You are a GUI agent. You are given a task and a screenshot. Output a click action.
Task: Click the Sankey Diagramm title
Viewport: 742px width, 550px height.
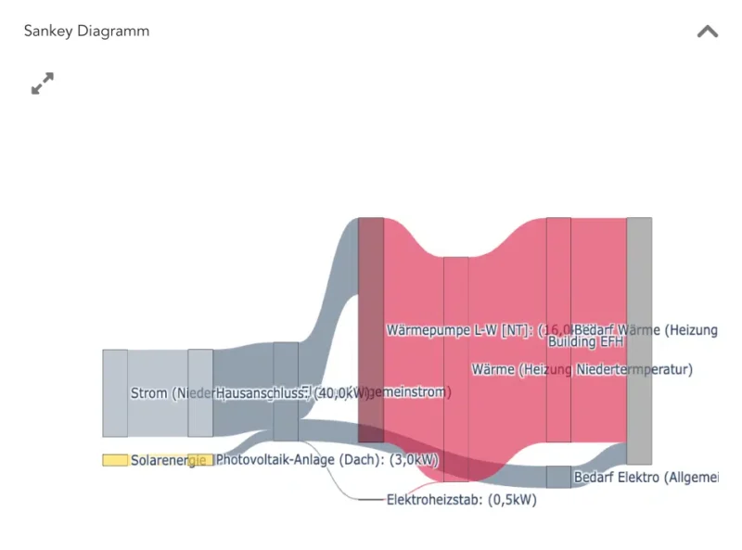pyautogui.click(x=86, y=31)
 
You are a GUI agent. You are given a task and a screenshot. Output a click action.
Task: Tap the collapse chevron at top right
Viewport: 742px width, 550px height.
pyautogui.click(x=707, y=32)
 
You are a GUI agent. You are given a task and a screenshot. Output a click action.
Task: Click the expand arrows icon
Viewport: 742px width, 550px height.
pyautogui.click(x=42, y=83)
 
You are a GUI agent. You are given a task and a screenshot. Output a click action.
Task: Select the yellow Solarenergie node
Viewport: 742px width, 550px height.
pyautogui.click(x=115, y=460)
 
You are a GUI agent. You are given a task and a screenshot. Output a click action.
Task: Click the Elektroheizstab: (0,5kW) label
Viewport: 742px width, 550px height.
pyautogui.click(x=461, y=500)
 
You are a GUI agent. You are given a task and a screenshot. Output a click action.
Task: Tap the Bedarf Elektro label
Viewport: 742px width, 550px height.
pyautogui.click(x=646, y=477)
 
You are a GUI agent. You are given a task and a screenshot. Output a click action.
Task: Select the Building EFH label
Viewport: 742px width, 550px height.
pyautogui.click(x=585, y=342)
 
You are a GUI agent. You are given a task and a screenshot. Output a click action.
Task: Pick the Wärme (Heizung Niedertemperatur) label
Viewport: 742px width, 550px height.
pyautogui.click(x=582, y=369)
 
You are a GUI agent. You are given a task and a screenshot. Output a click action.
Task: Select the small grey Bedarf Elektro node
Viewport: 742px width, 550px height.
pyautogui.click(x=558, y=477)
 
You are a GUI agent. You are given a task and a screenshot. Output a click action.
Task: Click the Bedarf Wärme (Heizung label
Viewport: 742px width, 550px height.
pyautogui.click(x=646, y=329)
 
